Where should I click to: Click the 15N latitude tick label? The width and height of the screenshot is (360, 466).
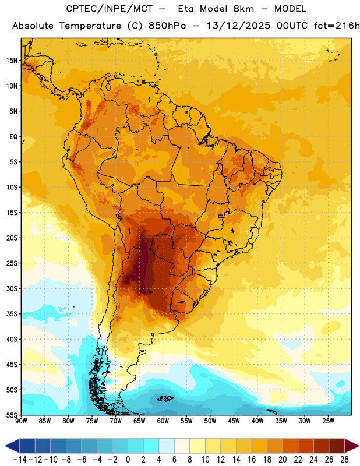(11, 61)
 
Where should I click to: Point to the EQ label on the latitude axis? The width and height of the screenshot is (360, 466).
(13, 137)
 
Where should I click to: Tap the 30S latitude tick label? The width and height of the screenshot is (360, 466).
(11, 288)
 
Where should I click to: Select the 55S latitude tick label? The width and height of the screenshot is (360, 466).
(11, 415)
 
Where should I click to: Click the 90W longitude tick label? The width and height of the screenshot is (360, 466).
(21, 421)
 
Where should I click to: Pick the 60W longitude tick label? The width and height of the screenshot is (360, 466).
(163, 421)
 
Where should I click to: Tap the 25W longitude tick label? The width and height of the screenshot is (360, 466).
(328, 421)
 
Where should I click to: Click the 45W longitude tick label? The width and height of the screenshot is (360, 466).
(234, 421)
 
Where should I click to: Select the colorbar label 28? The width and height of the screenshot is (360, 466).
(344, 460)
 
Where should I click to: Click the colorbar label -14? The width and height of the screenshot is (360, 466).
(20, 460)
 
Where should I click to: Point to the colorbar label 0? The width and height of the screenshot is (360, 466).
(128, 460)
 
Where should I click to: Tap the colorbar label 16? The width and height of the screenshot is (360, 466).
(252, 460)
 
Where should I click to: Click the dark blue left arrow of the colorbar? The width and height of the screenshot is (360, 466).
(12, 446)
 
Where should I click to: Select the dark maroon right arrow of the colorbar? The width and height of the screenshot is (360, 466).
(352, 446)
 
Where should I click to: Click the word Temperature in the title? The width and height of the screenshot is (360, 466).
(90, 26)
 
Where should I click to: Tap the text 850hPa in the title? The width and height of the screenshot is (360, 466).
(167, 26)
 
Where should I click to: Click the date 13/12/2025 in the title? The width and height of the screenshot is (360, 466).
(238, 26)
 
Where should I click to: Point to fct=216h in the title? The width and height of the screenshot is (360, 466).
(337, 26)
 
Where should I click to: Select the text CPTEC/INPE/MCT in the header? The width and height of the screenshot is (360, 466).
(109, 9)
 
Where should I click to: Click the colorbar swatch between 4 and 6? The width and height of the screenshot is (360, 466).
(167, 446)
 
